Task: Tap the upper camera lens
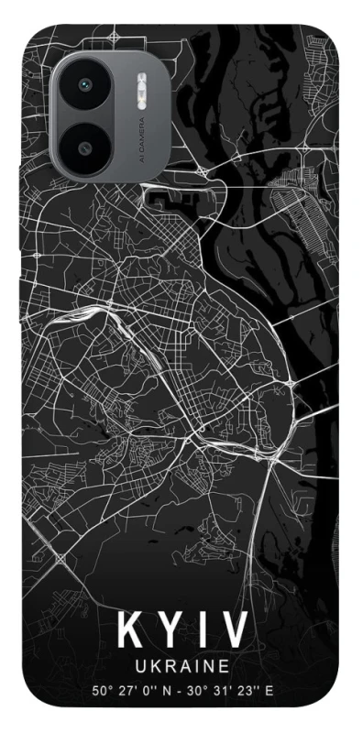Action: [87, 85]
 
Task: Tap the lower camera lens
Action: [86, 147]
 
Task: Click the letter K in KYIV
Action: [131, 632]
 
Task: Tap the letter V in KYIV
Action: [235, 632]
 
